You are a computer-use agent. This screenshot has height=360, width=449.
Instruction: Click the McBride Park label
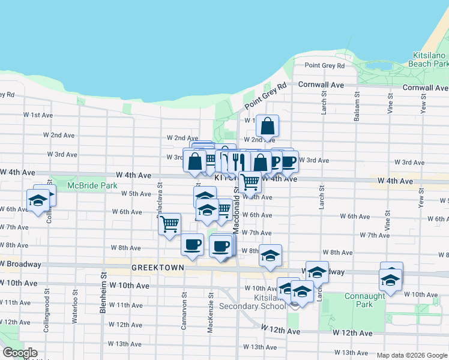pyautogui.click(x=92, y=186)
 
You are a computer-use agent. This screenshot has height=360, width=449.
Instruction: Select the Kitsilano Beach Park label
pyautogui.click(x=428, y=59)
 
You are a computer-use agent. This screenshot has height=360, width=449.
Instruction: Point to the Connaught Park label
pyautogui.click(x=364, y=300)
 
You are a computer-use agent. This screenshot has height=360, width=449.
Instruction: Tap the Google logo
pyautogui.click(x=19, y=353)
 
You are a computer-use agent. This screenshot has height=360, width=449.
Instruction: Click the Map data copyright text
pyautogui.click(x=411, y=355)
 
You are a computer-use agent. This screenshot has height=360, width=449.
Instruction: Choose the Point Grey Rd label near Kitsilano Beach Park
pyautogui.click(x=324, y=65)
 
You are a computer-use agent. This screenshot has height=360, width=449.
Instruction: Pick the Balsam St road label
pyautogui.click(x=357, y=107)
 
